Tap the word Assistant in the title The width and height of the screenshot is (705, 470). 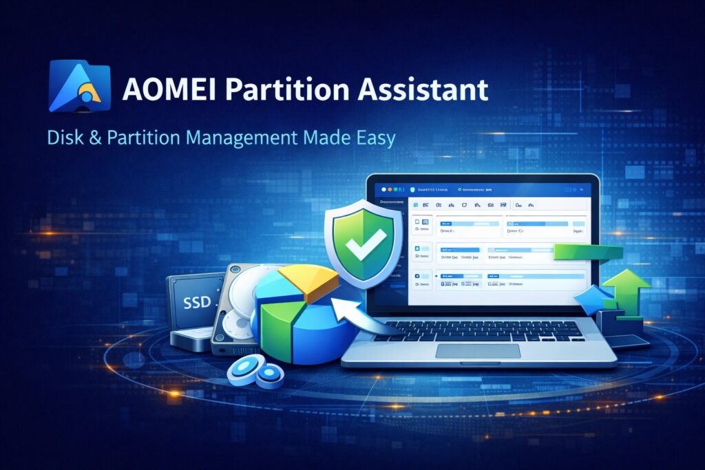click(426, 89)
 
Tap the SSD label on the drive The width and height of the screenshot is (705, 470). click(197, 302)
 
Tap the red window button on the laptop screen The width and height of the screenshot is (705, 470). click(380, 189)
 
